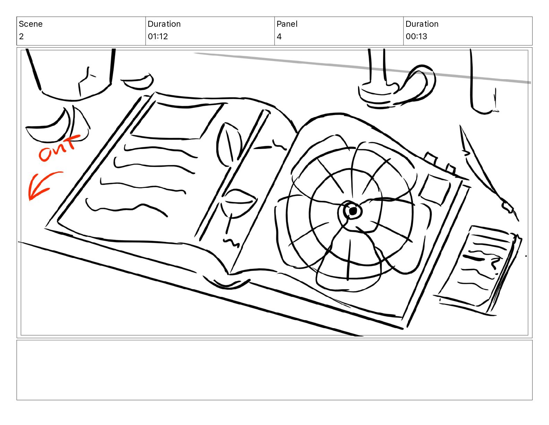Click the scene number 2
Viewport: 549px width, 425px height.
pyautogui.click(x=21, y=36)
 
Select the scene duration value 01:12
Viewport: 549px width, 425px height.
pyautogui.click(x=158, y=36)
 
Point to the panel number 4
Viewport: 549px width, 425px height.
pyautogui.click(x=279, y=36)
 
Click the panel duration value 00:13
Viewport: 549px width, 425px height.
pyautogui.click(x=416, y=36)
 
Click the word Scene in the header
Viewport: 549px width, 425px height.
pyautogui.click(x=31, y=24)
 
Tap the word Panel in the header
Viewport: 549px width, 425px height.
pyautogui.click(x=287, y=24)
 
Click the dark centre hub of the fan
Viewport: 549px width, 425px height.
pyautogui.click(x=353, y=211)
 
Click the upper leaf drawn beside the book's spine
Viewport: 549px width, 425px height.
pyautogui.click(x=229, y=144)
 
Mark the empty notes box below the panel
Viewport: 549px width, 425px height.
pyautogui.click(x=274, y=370)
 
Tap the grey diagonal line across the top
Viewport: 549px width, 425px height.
pyautogui.click(x=362, y=67)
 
